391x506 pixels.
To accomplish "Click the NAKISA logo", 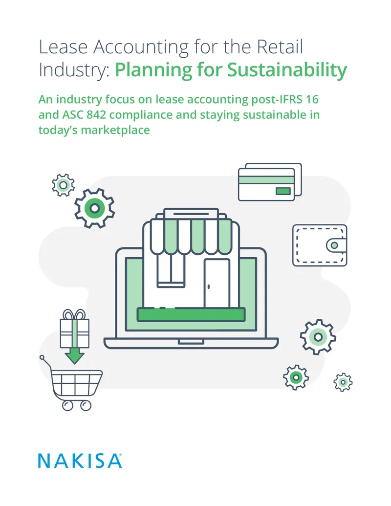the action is tap(80, 461).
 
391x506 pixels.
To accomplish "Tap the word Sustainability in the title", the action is tap(287, 70).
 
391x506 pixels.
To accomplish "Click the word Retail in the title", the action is tap(280, 46).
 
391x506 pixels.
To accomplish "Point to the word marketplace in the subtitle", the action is tap(115, 130).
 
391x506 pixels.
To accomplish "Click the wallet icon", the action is tap(320, 245).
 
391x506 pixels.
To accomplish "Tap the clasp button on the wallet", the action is tap(334, 245).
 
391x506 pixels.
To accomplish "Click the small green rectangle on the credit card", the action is tap(283, 191).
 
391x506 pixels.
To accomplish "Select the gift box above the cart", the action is tap(74, 333).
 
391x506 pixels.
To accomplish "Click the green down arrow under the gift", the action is tap(74, 355).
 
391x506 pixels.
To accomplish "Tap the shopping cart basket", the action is tap(76, 383).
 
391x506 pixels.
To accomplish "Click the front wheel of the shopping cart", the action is tap(86, 405).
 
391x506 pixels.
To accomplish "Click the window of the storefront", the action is tap(171, 270).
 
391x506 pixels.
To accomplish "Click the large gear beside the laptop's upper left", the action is tap(94, 208).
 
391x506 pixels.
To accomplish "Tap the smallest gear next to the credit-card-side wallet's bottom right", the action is tap(343, 382).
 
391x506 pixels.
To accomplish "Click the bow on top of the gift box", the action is tap(74, 314).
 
